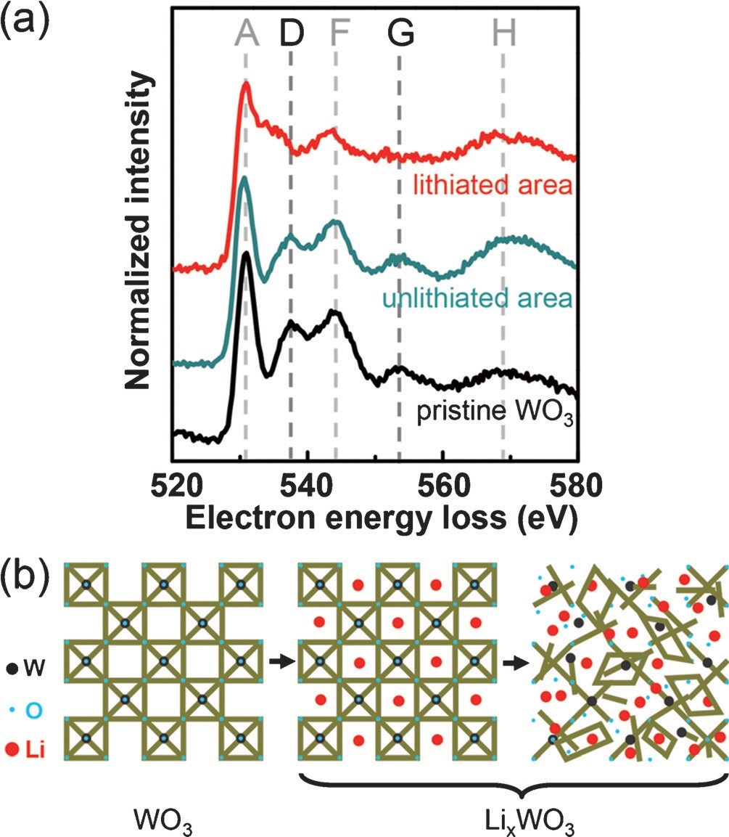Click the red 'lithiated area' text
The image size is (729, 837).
click(493, 187)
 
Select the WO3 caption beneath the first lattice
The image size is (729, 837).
click(161, 820)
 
